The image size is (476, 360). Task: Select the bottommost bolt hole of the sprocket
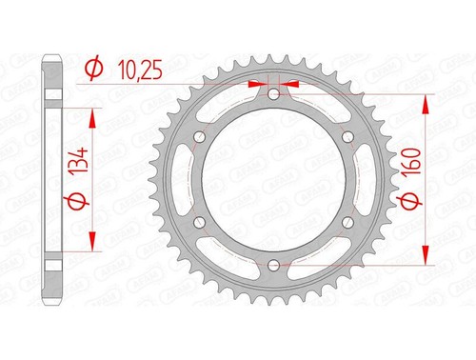click(x=274, y=265)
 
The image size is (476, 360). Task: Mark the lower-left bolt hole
click(x=201, y=223)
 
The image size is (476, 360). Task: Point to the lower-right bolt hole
click(x=347, y=223)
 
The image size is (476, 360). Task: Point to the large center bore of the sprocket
click(x=274, y=180)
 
